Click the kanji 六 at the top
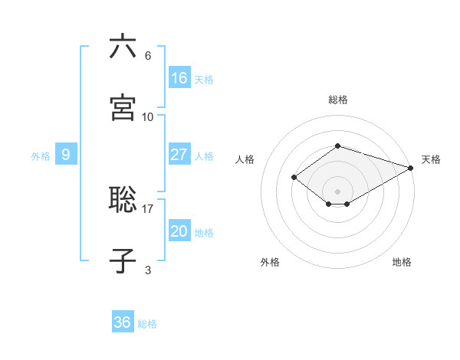123,47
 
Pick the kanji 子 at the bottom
123,260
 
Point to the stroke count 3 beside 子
148,270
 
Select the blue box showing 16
179,78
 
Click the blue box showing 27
179,155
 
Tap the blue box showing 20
179,231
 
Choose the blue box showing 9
66,155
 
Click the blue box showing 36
123,322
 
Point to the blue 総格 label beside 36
147,324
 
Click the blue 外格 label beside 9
41,156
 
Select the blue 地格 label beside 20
205,233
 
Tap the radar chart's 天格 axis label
431,159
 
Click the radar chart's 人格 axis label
245,159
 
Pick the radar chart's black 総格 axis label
338,100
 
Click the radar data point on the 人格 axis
294,178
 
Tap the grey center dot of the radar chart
338,191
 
